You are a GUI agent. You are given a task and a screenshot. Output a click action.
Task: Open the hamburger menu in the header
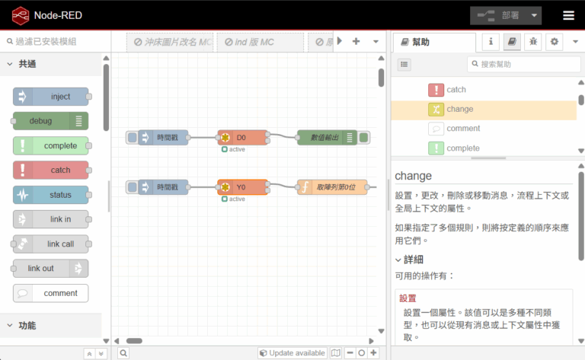click(x=568, y=15)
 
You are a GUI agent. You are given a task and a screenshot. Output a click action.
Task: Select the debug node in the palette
click(x=50, y=121)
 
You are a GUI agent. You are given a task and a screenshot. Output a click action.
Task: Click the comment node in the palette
click(x=51, y=293)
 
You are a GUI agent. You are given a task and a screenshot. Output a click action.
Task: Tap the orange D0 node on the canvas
click(x=242, y=138)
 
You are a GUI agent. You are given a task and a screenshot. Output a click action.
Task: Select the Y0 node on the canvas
click(x=242, y=186)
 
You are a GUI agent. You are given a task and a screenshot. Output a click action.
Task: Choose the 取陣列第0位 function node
click(x=332, y=186)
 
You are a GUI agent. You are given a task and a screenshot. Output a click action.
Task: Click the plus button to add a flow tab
click(x=356, y=42)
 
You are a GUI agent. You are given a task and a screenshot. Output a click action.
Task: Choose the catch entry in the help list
click(x=456, y=90)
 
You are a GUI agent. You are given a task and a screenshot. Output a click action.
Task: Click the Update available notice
click(x=292, y=353)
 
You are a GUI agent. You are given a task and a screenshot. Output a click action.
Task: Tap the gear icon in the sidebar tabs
click(x=554, y=42)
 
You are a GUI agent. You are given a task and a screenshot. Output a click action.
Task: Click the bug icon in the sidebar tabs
click(x=533, y=42)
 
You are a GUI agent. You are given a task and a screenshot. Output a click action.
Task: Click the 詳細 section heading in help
click(x=414, y=260)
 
